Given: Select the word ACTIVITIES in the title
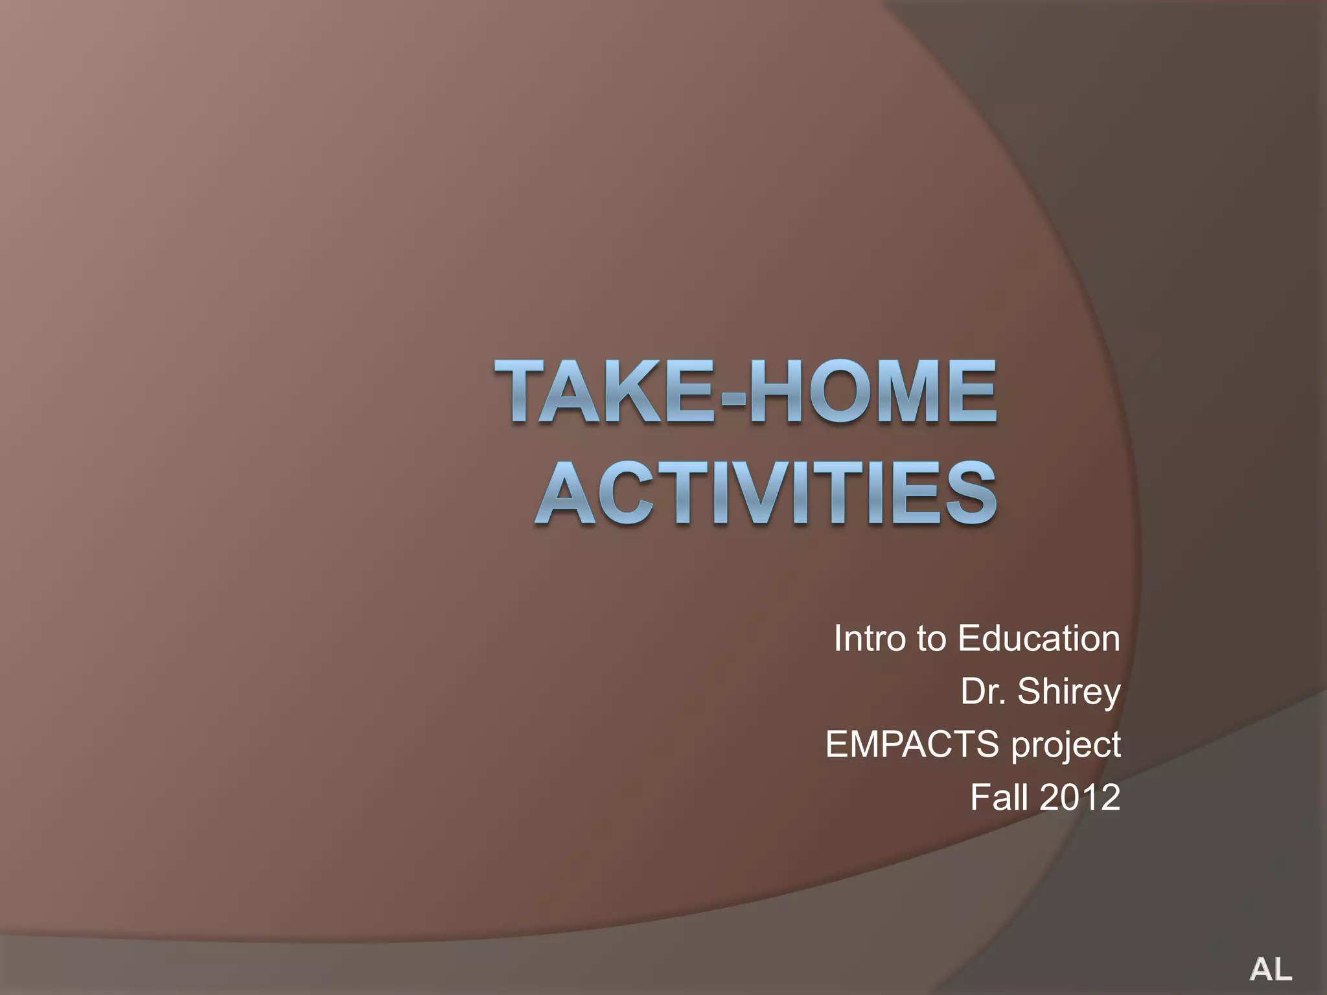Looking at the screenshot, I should [765, 492].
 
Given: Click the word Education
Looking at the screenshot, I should [1039, 639].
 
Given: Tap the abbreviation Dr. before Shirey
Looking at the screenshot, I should [983, 691].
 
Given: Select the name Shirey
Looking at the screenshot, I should [1069, 692].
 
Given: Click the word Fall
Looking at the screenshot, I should [1000, 797].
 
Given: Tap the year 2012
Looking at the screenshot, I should [1080, 797].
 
